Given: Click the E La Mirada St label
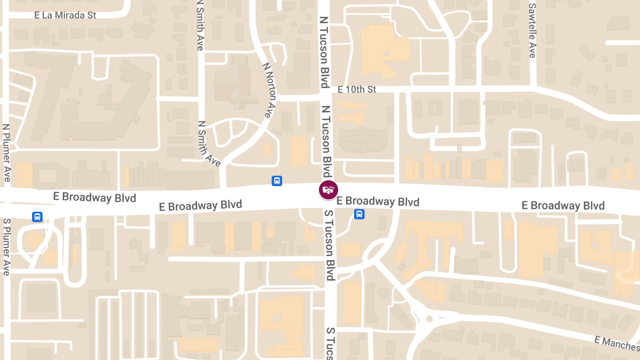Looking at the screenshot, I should (65, 15).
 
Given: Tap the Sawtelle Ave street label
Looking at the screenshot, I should (532, 30).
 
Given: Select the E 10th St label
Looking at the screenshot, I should (357, 89).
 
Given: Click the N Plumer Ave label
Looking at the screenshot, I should (6, 153).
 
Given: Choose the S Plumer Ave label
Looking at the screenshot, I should (6, 246).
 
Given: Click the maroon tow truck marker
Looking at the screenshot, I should (329, 189).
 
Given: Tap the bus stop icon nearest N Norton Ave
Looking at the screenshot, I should (277, 181).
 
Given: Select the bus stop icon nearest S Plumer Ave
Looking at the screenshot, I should (37, 217).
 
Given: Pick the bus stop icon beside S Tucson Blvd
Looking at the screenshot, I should (359, 214).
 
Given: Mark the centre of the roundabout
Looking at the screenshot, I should (429, 319).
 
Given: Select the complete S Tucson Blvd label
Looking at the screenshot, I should (330, 245).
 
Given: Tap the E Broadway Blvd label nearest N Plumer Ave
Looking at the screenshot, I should (94, 197).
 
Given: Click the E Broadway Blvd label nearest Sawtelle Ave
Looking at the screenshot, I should (563, 205).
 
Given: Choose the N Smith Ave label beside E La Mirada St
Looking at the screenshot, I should (200, 25).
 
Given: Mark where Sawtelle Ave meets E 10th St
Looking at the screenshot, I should (533, 85).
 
